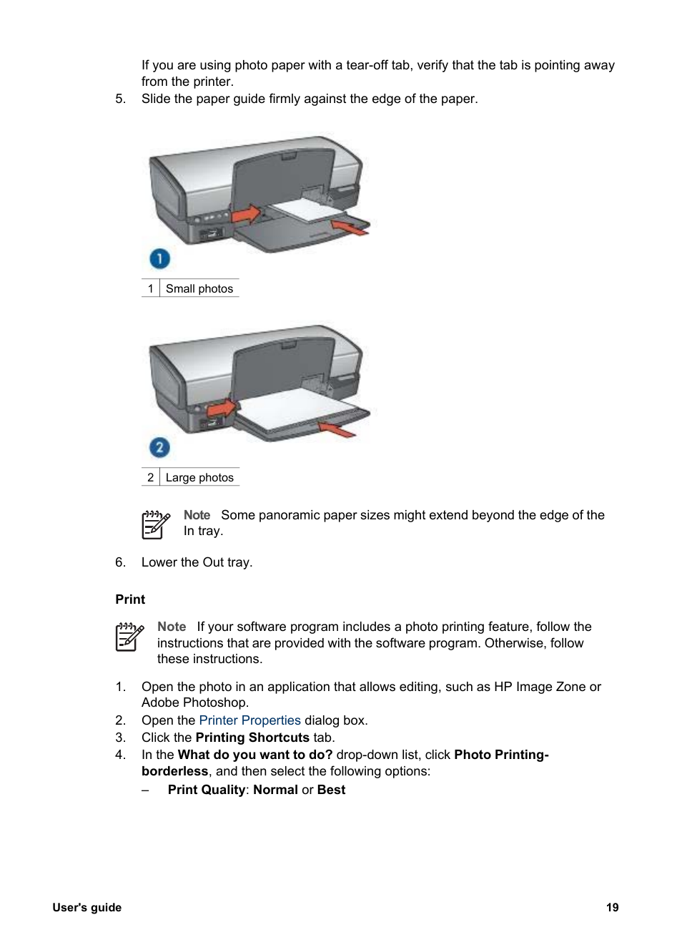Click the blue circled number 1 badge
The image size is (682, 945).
(x=159, y=258)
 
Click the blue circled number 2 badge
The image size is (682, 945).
(x=159, y=448)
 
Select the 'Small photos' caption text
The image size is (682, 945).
(x=199, y=288)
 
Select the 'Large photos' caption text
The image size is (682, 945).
(x=199, y=477)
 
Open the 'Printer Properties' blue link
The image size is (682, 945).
(x=249, y=720)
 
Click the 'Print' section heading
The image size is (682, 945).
(x=130, y=599)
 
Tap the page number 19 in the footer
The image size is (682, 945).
(x=612, y=907)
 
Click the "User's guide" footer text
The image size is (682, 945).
(x=87, y=907)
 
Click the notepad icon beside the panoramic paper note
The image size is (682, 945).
(x=156, y=524)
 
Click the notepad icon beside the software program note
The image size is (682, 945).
(x=129, y=636)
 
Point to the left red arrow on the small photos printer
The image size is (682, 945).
(x=245, y=213)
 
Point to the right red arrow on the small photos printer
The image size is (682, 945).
(x=350, y=227)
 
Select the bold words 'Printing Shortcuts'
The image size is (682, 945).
(x=252, y=738)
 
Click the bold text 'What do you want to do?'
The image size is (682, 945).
(x=255, y=755)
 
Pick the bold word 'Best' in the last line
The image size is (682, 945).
(x=331, y=790)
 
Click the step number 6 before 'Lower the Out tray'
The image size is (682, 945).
(x=120, y=562)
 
